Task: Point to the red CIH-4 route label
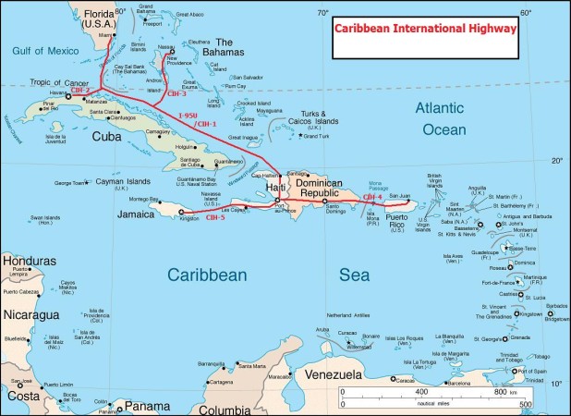point(371,196)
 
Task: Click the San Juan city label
point(398,196)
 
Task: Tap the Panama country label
point(147,406)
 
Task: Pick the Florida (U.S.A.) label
point(104,18)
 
